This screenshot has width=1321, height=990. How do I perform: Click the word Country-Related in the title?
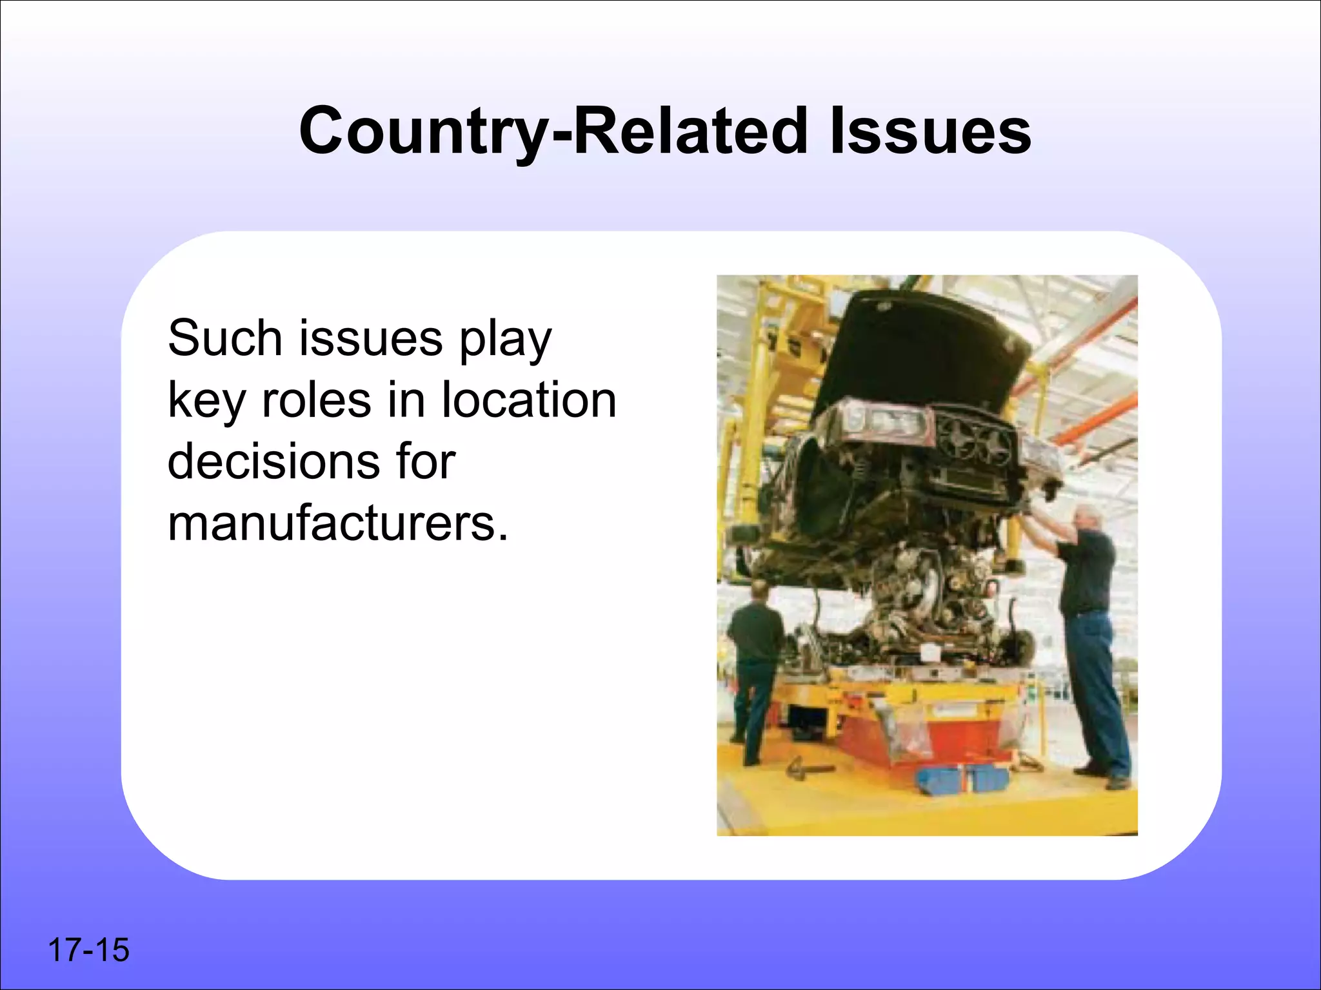(x=552, y=132)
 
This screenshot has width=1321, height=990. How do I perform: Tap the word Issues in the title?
(x=930, y=132)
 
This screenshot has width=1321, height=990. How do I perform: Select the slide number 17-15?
(x=88, y=950)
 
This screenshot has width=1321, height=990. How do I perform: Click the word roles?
(x=316, y=400)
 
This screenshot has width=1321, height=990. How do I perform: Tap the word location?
(x=528, y=400)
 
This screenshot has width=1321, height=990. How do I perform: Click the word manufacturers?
(x=337, y=523)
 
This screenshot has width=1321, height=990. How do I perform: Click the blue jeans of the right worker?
(x=1097, y=690)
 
